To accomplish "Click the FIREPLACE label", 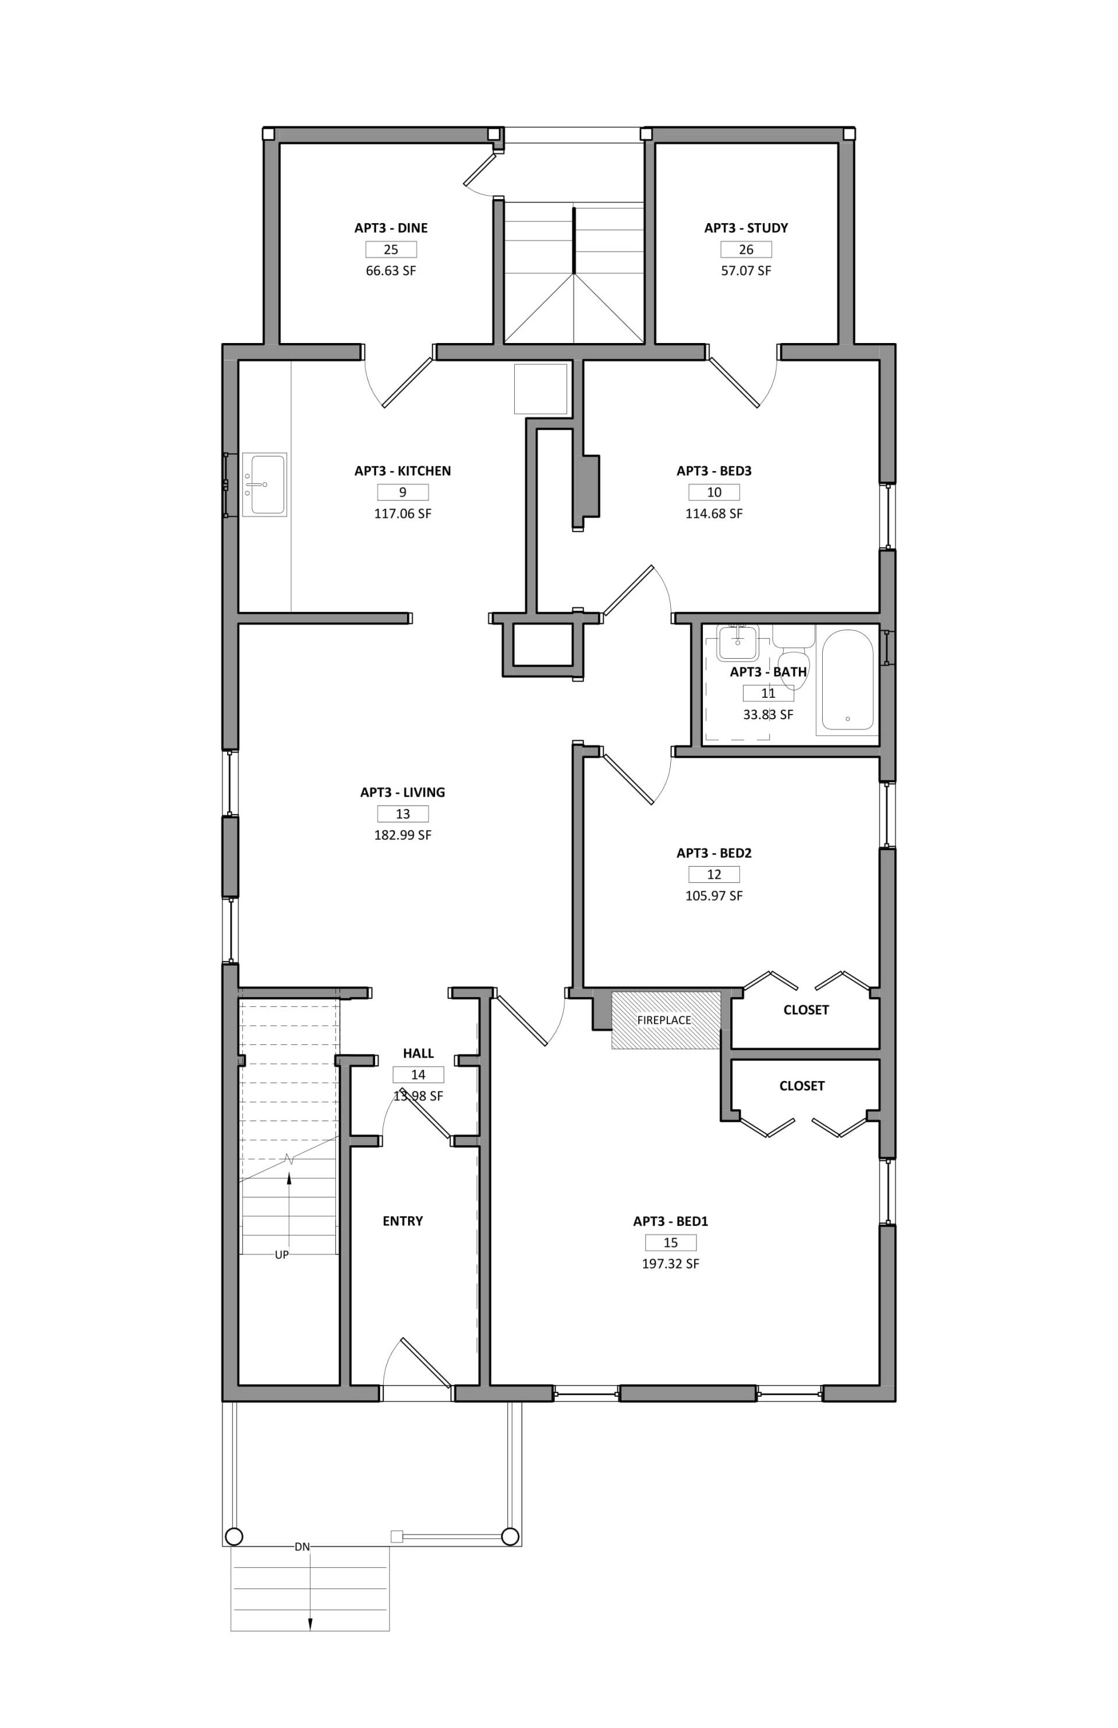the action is pos(664,1020).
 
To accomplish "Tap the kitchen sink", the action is pos(264,485).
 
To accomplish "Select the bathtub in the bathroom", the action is pos(847,680).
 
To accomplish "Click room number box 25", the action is pos(391,250).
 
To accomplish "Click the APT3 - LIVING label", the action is pos(402,792).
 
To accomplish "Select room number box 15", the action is pos(670,1242).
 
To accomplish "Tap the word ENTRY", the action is pos(402,1221).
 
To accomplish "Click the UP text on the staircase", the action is pos(282,1255).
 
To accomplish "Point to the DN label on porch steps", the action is pos(302,1547).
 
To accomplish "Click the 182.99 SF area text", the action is pos(402,835).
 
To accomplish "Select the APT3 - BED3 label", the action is pos(714,471).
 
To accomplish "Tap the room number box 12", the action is pos(714,874).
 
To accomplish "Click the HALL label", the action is pos(418,1053).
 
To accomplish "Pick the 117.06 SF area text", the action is pos(402,513).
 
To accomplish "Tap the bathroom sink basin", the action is pos(738,642).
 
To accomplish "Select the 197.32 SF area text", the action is pos(670,1264).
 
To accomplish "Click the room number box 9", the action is pos(402,492).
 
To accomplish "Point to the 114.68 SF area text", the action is pos(714,513).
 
